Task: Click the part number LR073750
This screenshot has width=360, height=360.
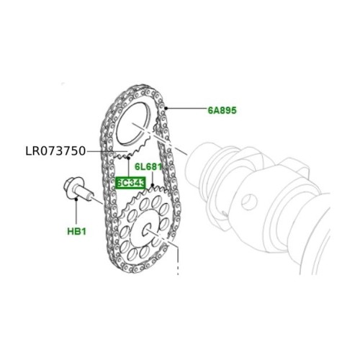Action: pyautogui.click(x=55, y=151)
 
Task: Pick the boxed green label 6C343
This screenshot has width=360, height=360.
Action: pyautogui.click(x=130, y=183)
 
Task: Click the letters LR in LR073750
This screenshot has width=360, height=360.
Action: pyautogui.click(x=31, y=151)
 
